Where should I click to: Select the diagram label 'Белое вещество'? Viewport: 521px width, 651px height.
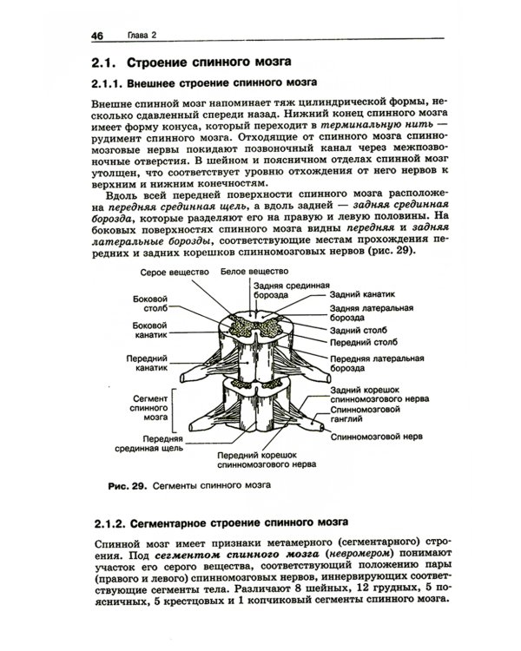(255, 272)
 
